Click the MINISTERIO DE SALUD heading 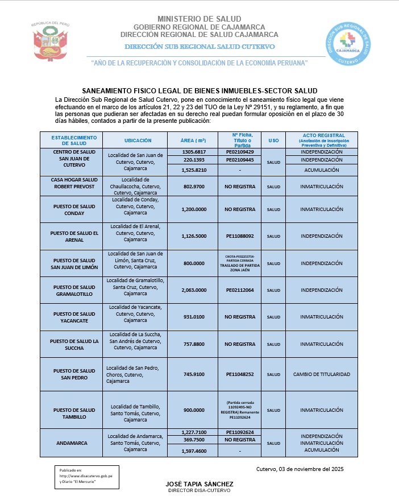(x=199, y=19)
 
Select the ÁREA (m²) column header (x=193, y=141)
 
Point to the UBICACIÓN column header (x=138, y=141)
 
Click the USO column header (x=273, y=141)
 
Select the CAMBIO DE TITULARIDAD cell (x=322, y=374)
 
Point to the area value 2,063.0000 (x=193, y=290)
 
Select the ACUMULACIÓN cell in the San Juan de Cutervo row (x=322, y=170)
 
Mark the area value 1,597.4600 (x=193, y=452)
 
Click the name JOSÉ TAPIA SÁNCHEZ (x=199, y=484)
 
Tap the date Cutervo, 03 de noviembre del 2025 (x=300, y=469)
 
